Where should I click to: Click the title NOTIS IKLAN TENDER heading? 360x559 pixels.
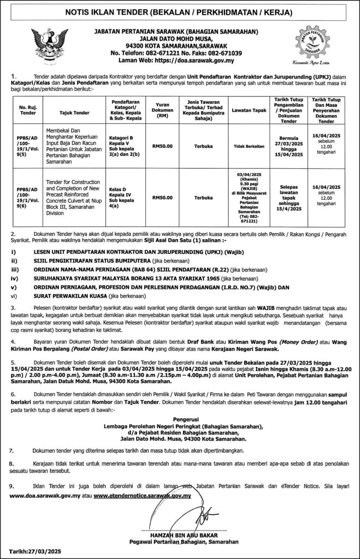(x=180, y=11)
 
